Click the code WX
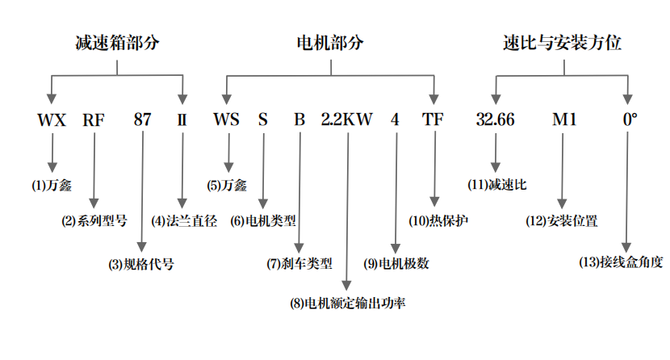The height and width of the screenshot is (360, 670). click(52, 120)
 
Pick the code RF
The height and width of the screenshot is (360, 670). click(94, 120)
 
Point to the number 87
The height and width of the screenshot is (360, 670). click(142, 120)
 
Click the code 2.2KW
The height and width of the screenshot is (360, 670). click(347, 120)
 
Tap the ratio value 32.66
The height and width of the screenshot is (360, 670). click(495, 120)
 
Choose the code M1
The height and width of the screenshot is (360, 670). click(564, 120)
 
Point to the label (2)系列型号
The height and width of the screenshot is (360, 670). click(94, 220)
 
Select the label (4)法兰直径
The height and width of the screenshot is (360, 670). click(184, 220)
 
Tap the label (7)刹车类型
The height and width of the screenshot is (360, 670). click(299, 263)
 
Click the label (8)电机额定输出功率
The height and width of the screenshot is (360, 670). click(347, 303)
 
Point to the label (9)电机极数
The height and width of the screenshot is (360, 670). click(396, 263)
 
